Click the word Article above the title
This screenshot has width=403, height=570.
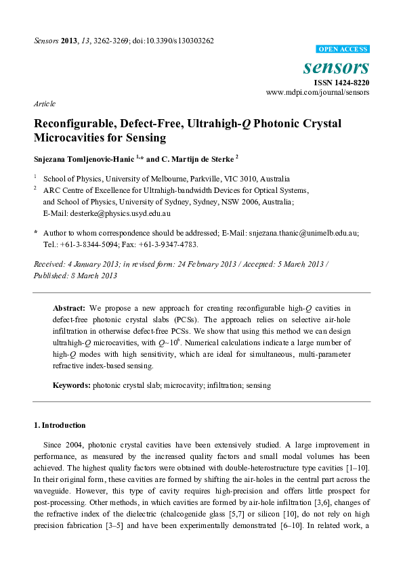pyautogui.click(x=44, y=104)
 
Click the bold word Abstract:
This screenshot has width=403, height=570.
pyautogui.click(x=68, y=307)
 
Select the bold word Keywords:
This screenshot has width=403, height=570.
pyautogui.click(x=72, y=385)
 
